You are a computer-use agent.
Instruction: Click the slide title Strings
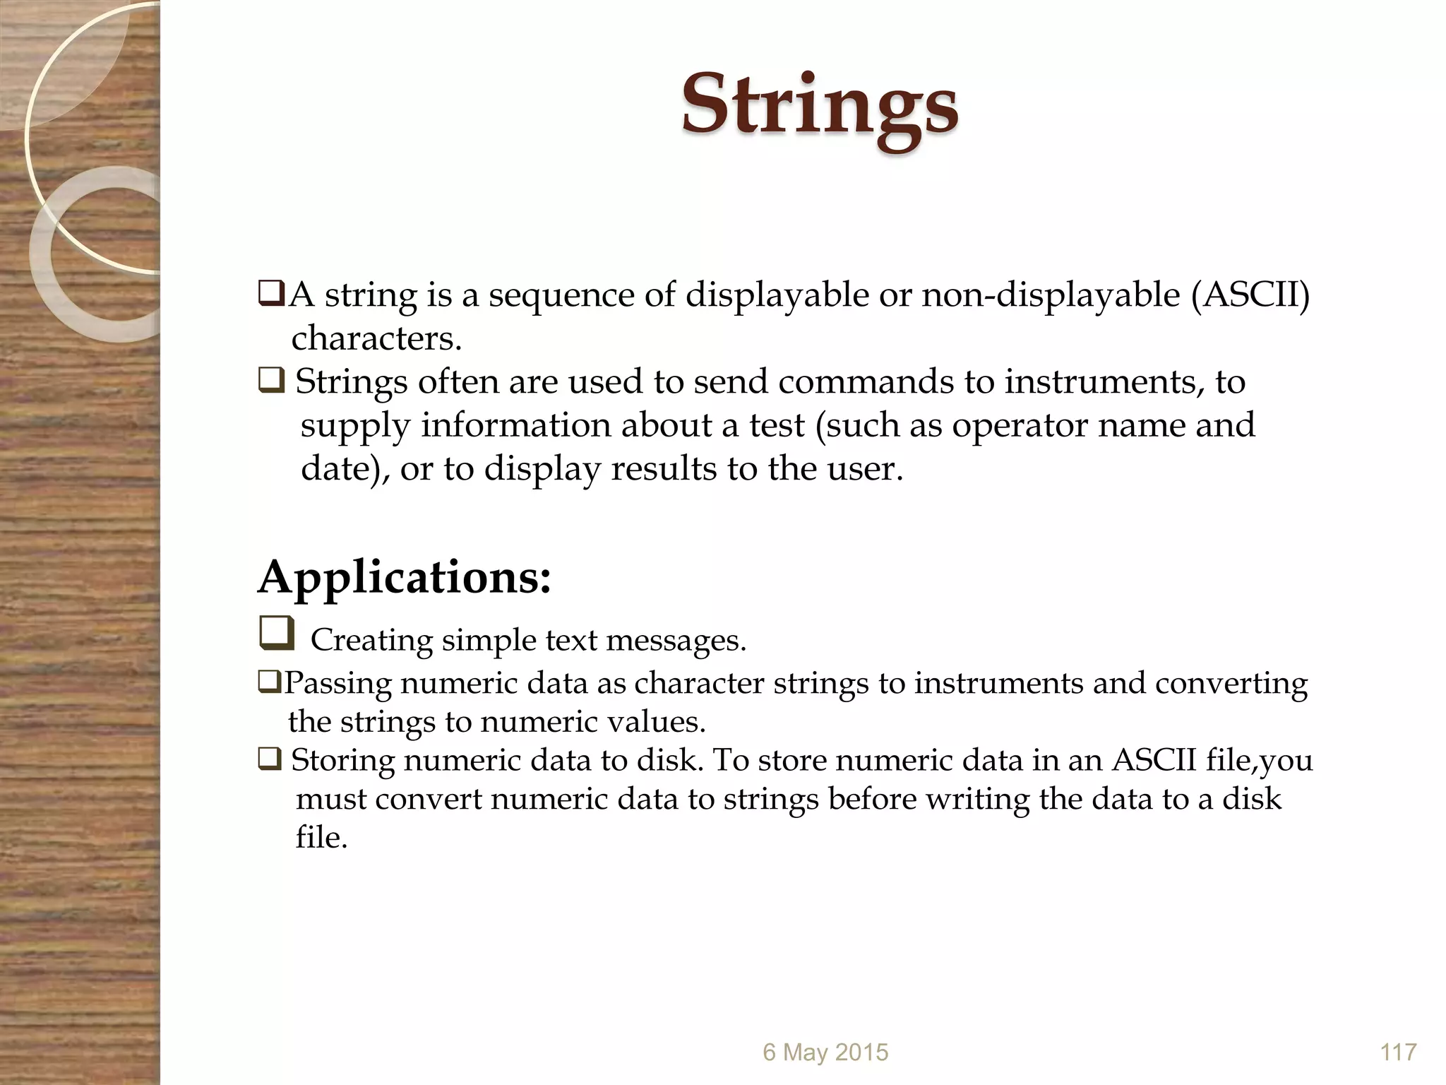tap(819, 106)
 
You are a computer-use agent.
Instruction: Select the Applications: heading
tap(404, 578)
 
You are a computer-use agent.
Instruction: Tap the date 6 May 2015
tap(825, 1052)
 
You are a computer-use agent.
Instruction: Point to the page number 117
tap(1398, 1052)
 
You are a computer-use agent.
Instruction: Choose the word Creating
tap(371, 641)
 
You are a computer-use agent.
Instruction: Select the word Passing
tap(337, 684)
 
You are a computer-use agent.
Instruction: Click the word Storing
tap(342, 761)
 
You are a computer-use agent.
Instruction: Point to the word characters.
tap(376, 338)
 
